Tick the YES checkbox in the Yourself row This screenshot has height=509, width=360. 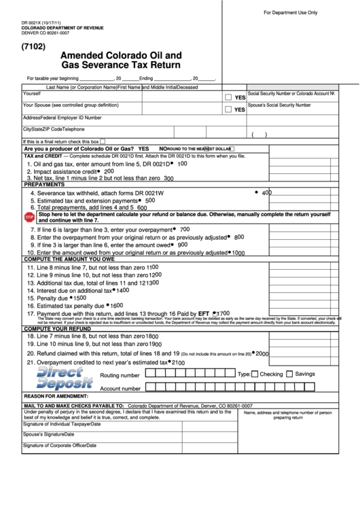[x=228, y=96]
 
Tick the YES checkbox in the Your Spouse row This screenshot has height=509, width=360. [x=228, y=109]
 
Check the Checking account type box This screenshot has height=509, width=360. [x=255, y=374]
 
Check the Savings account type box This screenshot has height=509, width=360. [x=289, y=374]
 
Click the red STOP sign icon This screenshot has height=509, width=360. [x=29, y=217]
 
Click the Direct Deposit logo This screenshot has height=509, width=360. [x=65, y=378]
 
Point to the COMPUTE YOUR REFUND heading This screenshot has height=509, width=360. [x=58, y=328]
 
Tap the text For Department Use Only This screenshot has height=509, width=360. [x=290, y=13]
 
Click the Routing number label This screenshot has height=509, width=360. [x=120, y=375]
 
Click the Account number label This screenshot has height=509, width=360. [x=120, y=388]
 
